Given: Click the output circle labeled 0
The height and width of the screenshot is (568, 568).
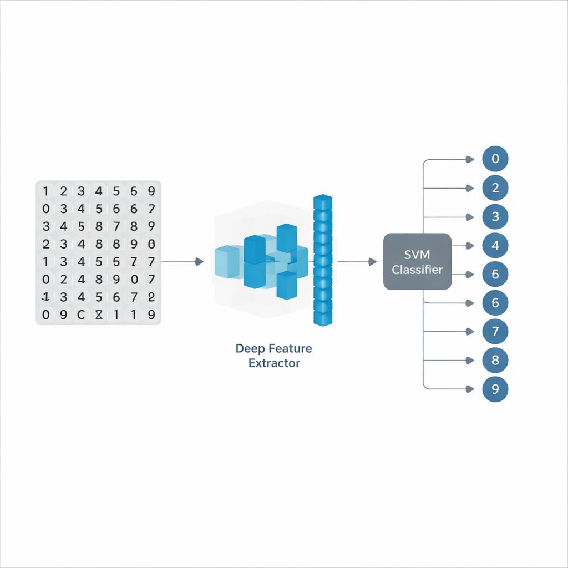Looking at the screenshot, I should [495, 159].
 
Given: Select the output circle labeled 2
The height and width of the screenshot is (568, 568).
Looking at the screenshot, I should [495, 188].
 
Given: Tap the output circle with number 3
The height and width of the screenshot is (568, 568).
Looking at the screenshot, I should [495, 217].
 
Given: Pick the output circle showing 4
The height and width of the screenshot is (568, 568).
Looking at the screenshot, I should [495, 246].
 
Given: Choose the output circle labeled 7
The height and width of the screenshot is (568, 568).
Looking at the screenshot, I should [495, 332].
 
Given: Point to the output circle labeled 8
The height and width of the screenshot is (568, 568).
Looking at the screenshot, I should [495, 361].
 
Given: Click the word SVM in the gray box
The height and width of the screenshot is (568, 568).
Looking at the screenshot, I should [417, 256].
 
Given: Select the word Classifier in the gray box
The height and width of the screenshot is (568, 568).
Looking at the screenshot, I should [417, 270].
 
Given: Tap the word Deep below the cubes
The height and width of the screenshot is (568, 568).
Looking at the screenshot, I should [250, 349].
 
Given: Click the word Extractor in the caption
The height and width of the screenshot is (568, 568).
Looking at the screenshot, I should [274, 364].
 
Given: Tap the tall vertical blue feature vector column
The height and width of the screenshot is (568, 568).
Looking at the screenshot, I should [322, 260].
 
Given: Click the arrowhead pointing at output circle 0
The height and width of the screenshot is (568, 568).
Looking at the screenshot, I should [470, 160].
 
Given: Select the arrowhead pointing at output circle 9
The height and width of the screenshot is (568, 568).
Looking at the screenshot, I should [470, 389].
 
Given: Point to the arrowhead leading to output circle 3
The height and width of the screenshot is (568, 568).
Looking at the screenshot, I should [470, 217].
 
